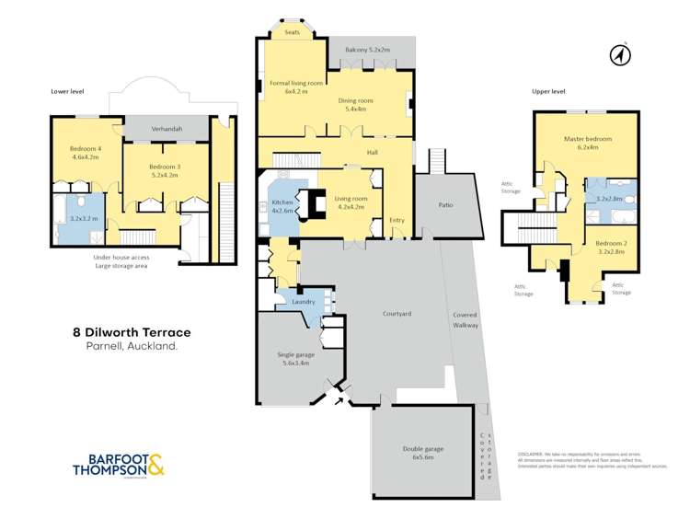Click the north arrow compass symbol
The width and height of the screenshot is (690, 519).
coord(619,55)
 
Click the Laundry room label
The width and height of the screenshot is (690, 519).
coord(304,302)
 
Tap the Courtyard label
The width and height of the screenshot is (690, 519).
coord(397,314)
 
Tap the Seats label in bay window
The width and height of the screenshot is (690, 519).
coord(293,32)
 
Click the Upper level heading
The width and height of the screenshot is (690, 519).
coord(548,92)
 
